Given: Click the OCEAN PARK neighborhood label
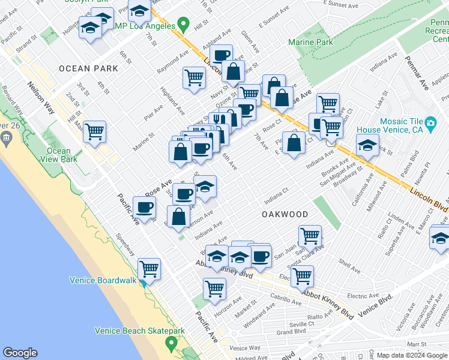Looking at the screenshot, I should coord(89,68).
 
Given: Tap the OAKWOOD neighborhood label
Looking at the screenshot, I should coord(285,214).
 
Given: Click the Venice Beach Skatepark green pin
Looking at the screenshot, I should coord(171,344).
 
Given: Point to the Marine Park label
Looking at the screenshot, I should coord(310,43).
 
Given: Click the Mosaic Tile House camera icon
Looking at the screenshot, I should coord(430,124).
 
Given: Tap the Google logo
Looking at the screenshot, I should coord(20,353).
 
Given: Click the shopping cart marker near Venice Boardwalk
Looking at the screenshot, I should coord(149,268).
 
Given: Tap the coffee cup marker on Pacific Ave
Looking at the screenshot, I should coord(144,208).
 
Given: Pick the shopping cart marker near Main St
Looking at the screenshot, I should coord(95,131).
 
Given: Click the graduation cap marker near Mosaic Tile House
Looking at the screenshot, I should coord(367,145).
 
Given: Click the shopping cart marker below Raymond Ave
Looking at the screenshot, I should coord(194,77).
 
